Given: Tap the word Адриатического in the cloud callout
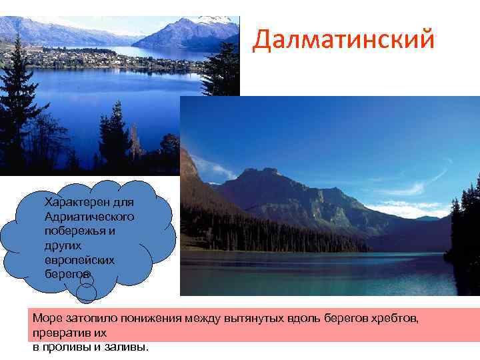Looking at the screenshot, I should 89,217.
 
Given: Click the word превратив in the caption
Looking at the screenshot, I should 57,331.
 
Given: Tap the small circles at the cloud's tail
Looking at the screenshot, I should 86,288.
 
